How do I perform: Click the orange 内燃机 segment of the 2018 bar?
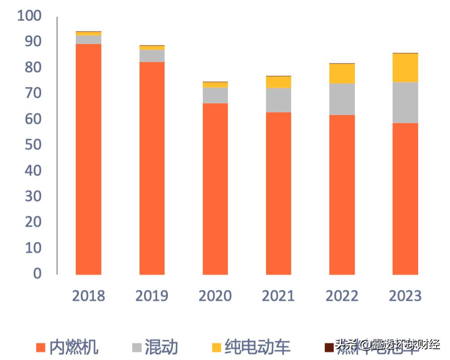click(88, 159)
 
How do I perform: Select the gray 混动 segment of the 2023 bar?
click(405, 102)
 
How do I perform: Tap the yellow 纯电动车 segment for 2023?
click(405, 68)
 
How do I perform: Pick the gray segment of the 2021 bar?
click(279, 100)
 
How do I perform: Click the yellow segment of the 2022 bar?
click(342, 74)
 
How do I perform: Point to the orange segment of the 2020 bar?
click(215, 189)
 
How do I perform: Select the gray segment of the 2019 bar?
click(152, 56)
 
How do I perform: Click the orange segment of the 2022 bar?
click(342, 194)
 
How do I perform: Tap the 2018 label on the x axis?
click(88, 296)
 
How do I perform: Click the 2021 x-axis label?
click(279, 296)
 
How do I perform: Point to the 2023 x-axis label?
click(405, 296)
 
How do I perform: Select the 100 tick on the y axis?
click(29, 16)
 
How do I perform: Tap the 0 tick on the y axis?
click(37, 273)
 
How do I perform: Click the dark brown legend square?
click(329, 347)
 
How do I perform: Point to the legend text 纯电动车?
click(258, 347)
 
